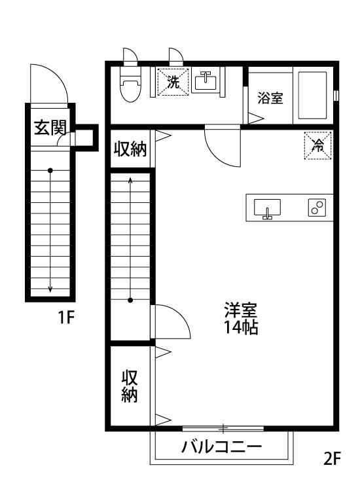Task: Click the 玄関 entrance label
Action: point(50,128)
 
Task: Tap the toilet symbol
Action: point(131,84)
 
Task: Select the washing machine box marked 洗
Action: point(173,82)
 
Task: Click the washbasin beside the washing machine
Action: point(206,81)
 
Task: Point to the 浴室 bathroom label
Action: point(270,98)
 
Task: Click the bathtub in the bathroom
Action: point(312,96)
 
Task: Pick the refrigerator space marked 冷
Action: point(317,145)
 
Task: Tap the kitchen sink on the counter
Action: point(267,208)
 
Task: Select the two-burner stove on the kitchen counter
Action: point(317,208)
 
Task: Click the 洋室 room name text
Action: point(240,310)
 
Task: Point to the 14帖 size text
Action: point(240,327)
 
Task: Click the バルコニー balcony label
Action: point(221,446)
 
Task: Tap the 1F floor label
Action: point(65,318)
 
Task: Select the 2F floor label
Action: point(331,459)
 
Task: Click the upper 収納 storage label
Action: point(130,149)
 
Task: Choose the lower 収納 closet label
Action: point(130,386)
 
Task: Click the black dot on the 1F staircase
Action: point(50,171)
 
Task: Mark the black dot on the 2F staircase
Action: point(130,300)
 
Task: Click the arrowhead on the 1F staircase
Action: point(50,289)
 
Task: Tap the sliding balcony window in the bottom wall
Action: point(223,427)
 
